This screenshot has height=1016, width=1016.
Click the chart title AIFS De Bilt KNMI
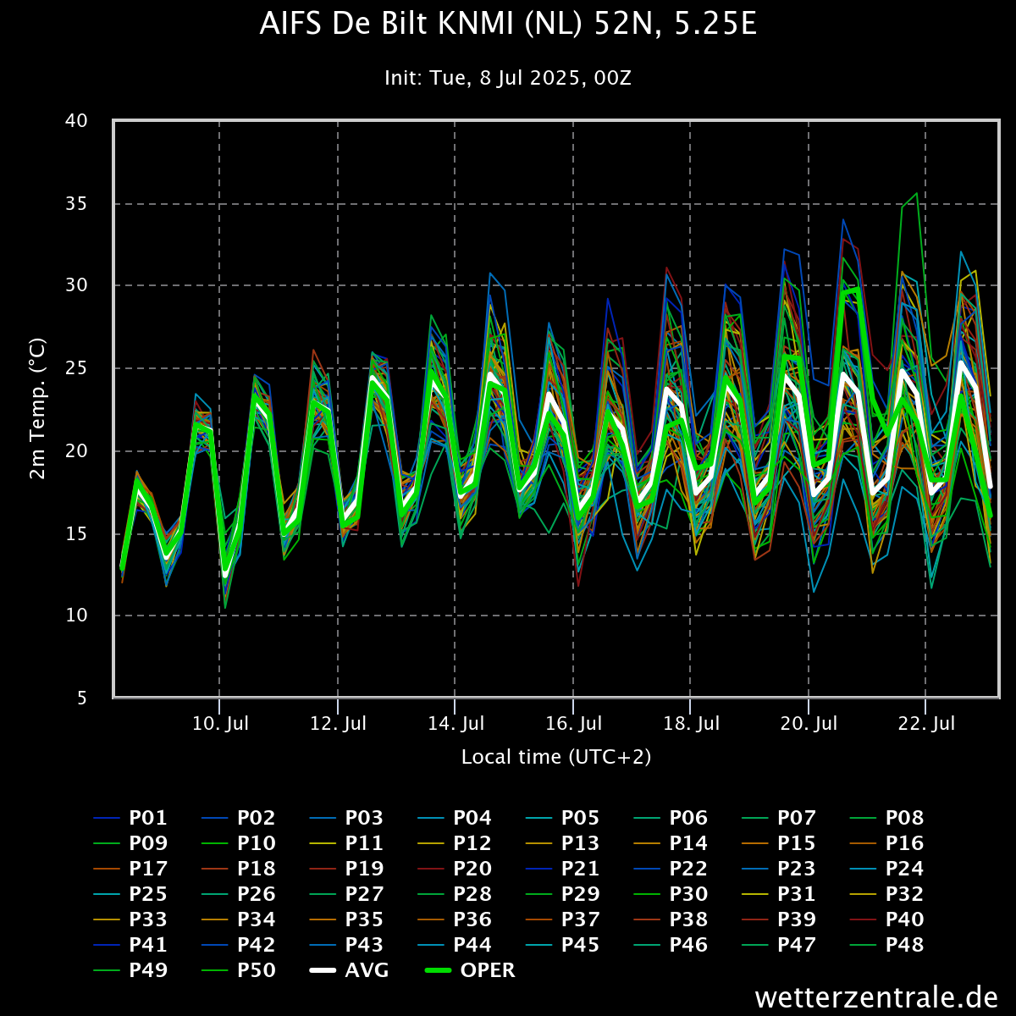(508, 25)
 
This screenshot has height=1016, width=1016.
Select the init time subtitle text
(508, 78)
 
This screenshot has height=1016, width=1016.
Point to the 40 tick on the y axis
(76, 120)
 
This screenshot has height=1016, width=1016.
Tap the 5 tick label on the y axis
(82, 698)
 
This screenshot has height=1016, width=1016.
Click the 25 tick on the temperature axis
(76, 368)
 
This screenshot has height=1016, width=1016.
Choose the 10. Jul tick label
(219, 724)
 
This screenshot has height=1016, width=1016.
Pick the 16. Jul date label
(573, 724)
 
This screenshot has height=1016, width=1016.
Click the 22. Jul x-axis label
(925, 724)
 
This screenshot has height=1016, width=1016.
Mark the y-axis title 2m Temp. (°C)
(38, 409)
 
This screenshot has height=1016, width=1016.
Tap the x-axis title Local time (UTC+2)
(556, 756)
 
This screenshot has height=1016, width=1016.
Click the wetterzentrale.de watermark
(876, 997)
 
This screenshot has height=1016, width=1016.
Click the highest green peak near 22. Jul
(916, 193)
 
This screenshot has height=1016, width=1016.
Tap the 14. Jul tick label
(456, 724)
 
